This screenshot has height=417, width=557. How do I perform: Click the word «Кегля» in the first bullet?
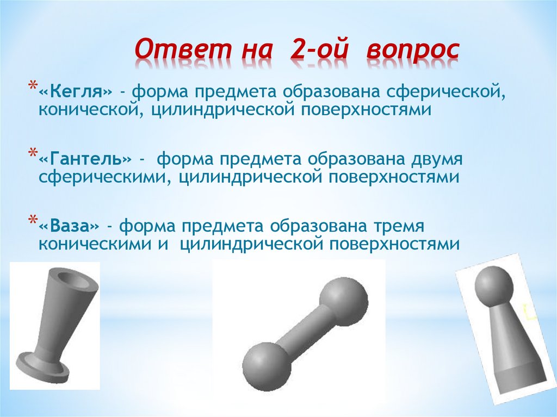tap(75, 90)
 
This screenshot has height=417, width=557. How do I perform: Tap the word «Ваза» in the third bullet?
tap(70, 225)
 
